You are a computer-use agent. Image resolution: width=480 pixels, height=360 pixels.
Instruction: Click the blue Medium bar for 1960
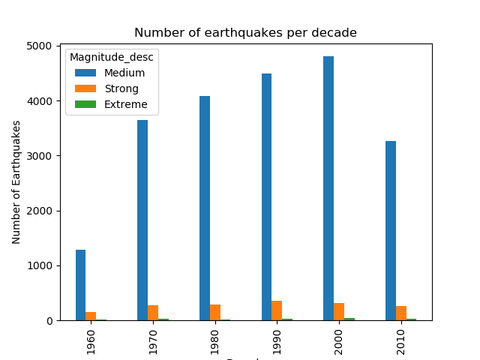click(80, 285)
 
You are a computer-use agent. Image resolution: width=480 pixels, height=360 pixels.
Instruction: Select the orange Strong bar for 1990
click(277, 310)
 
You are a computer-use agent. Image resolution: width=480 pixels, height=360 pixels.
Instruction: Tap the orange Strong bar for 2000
click(339, 312)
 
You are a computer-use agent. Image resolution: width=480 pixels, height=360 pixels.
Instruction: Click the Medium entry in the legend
click(124, 73)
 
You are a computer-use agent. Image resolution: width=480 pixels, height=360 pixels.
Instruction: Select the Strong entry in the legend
click(121, 88)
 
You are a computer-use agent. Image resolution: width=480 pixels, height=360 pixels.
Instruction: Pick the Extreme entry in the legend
click(125, 104)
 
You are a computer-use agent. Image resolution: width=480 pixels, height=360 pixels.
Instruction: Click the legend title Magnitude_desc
click(112, 58)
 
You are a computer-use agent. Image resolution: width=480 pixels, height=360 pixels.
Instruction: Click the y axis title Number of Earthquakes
click(16, 183)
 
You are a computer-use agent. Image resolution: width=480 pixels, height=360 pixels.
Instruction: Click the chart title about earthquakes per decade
click(245, 33)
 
